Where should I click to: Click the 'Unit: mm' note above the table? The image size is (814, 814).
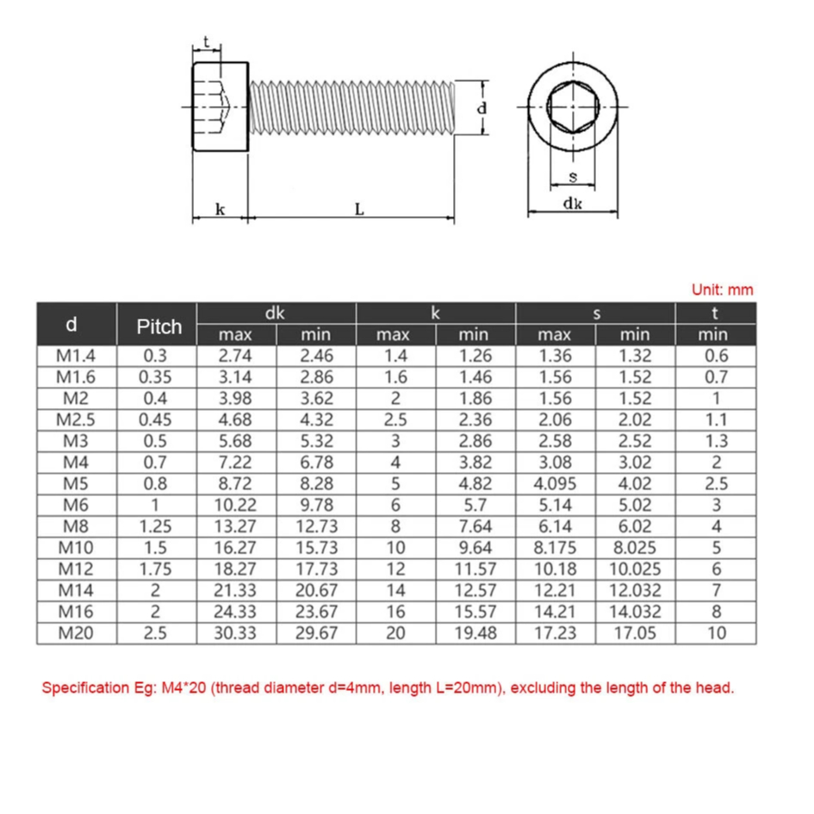722,289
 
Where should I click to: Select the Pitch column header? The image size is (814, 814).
158,327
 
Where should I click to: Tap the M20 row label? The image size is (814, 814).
76,633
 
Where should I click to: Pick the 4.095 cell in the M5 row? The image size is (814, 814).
555,484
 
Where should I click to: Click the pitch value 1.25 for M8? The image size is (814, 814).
155,526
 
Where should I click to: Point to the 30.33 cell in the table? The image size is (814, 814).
234,633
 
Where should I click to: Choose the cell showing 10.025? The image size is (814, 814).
634,569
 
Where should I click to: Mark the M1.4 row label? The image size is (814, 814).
76,356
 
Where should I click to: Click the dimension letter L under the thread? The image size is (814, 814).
359,209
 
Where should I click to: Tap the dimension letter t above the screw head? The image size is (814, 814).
206,41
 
